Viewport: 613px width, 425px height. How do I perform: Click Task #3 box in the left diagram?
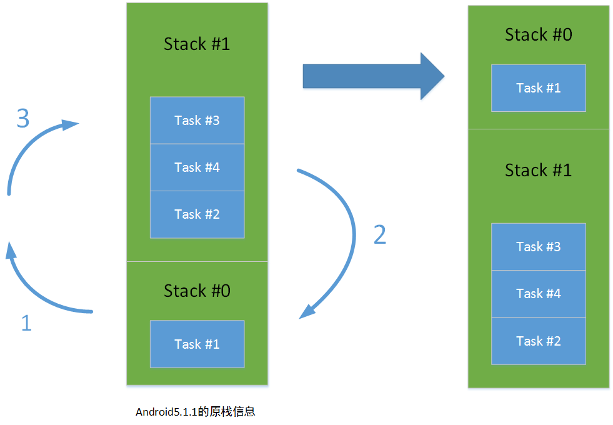coord(197,120)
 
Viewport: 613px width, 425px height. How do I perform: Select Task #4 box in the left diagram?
coord(197,167)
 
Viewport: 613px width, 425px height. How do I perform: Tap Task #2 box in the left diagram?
coord(197,214)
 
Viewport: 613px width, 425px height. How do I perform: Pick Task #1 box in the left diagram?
coord(197,344)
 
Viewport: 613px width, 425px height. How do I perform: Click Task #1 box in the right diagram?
coord(538,87)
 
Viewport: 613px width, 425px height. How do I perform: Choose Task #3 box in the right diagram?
coord(538,246)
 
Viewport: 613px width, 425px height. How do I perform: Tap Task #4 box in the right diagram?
coord(538,293)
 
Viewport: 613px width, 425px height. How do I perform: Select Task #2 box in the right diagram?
coord(538,341)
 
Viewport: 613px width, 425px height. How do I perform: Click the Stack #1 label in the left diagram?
coord(197,44)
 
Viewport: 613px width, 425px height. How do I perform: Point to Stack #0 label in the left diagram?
coord(197,291)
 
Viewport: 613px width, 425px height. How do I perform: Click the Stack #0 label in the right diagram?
coord(538,34)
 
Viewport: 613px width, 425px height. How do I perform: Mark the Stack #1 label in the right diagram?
coord(538,170)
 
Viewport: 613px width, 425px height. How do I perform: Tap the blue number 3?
coord(23,118)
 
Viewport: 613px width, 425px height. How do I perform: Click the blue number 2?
coord(379,234)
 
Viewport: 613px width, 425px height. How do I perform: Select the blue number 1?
coord(26,323)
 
